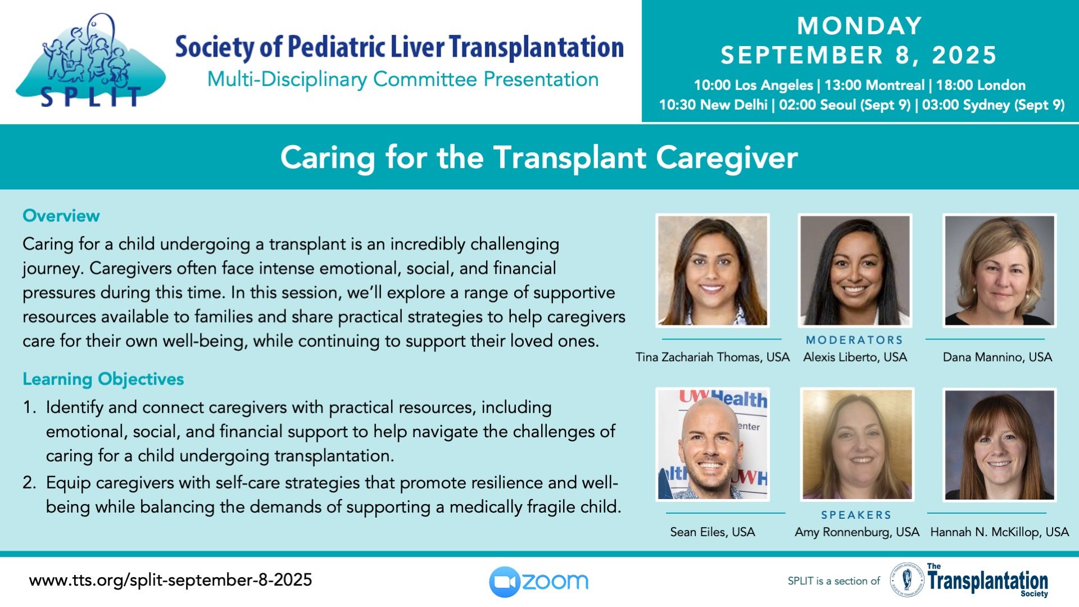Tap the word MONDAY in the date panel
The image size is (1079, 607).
(860, 26)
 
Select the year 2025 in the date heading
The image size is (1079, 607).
(964, 55)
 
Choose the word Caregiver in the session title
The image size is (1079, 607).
(727, 158)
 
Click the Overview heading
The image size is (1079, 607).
(61, 216)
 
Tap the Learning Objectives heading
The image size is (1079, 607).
(103, 379)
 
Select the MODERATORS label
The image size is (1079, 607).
(854, 340)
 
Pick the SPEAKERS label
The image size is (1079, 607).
(856, 515)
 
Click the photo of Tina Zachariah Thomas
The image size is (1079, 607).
(713, 270)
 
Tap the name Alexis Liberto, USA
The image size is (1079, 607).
(855, 357)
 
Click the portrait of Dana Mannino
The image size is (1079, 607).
(999, 270)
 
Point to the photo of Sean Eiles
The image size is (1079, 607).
(713, 444)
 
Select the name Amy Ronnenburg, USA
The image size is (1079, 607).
(856, 532)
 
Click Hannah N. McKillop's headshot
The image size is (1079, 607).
(999, 445)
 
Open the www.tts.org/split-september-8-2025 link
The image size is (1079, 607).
(170, 580)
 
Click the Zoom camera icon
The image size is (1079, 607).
(505, 582)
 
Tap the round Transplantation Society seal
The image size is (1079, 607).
(907, 580)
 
